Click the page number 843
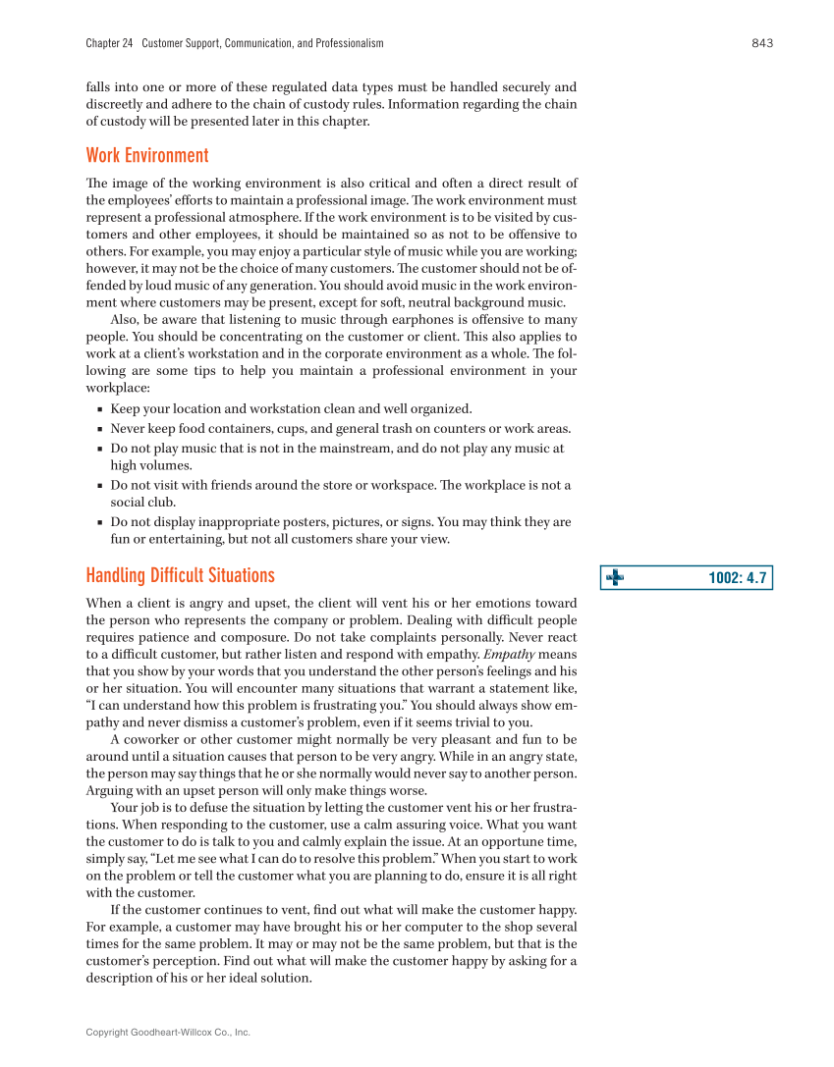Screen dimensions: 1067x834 coord(762,43)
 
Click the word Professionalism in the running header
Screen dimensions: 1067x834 coord(344,43)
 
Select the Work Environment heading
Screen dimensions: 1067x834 coord(147,155)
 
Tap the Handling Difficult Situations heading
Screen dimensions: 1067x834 coord(180,575)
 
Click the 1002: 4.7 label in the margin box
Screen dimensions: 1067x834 coord(737,578)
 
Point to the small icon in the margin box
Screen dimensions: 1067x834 coord(615,578)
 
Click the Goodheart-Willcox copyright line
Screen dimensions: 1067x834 coord(168,1032)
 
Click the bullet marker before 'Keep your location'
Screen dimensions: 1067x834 coord(100,409)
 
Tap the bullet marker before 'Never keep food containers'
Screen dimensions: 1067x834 coord(100,429)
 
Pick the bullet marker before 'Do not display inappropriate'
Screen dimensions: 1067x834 coord(100,523)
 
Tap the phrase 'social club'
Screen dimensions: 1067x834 coord(142,502)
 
